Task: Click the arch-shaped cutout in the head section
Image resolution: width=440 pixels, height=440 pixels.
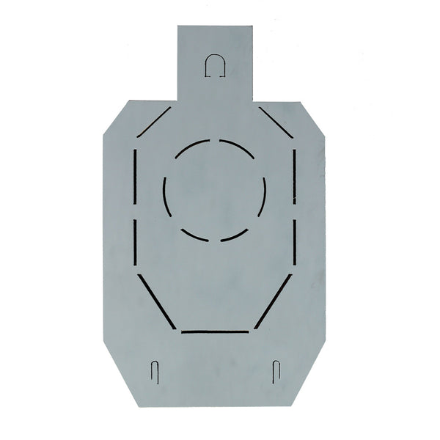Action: [x=215, y=65]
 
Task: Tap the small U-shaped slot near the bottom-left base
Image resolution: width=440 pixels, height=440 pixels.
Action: [x=155, y=370]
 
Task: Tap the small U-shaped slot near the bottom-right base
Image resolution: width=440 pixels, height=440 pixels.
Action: [x=276, y=370]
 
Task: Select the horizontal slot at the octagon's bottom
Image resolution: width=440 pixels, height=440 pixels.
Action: [x=215, y=331]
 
